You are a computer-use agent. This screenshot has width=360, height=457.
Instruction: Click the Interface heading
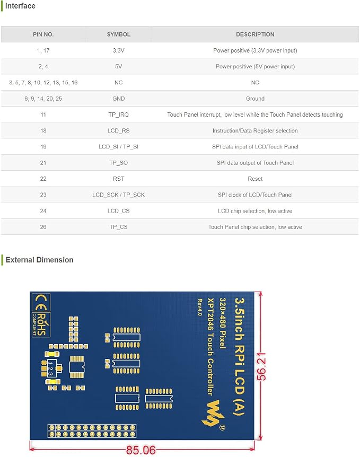(x=20, y=6)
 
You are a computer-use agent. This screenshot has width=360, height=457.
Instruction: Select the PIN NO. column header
(x=43, y=34)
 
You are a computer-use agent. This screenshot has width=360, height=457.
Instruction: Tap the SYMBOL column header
(x=118, y=34)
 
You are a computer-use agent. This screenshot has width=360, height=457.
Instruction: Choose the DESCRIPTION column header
(x=255, y=34)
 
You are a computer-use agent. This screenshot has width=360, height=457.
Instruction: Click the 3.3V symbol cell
(x=118, y=50)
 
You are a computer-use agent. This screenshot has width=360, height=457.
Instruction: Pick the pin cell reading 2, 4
(x=43, y=66)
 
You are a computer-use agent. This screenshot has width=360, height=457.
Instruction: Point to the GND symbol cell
(x=118, y=99)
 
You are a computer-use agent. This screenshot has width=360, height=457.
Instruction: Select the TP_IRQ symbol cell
(x=118, y=115)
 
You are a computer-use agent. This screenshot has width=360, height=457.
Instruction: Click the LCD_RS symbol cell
(x=118, y=130)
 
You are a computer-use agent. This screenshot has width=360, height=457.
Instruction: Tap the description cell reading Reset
(x=255, y=179)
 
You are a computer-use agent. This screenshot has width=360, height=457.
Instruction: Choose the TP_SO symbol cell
(x=118, y=163)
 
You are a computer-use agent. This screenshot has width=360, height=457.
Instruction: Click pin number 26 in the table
(x=43, y=227)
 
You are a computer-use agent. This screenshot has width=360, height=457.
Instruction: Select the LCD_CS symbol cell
(x=118, y=210)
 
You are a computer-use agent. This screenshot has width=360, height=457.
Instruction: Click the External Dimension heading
(x=39, y=260)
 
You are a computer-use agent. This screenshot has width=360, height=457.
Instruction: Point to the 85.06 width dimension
(x=141, y=450)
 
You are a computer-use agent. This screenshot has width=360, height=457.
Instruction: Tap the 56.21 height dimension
(x=261, y=366)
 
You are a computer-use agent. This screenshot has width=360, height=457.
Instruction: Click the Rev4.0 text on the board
(x=200, y=307)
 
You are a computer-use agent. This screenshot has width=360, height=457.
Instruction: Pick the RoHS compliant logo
(x=40, y=324)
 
